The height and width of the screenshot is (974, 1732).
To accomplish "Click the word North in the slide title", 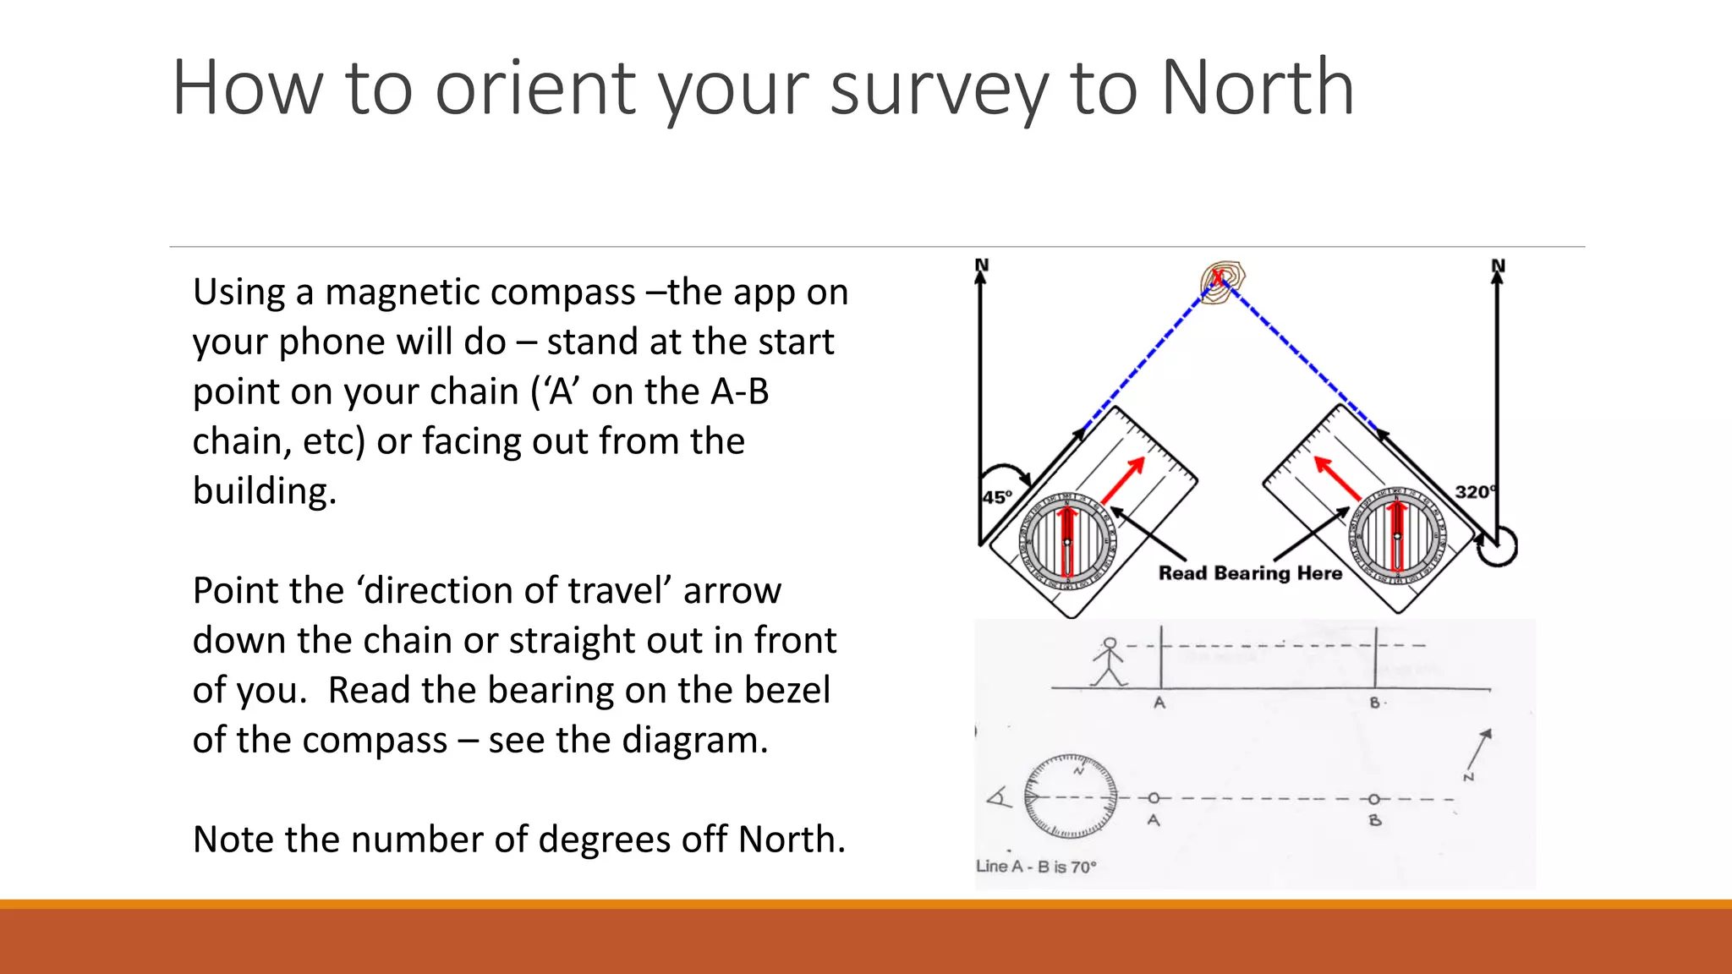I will click(1258, 88).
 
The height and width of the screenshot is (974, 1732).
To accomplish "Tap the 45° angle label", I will click(997, 497).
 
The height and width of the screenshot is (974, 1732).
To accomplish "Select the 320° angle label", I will click(1474, 492).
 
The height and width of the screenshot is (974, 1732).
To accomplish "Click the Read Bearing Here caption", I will click(1250, 573).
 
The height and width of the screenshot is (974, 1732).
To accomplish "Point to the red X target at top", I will click(1219, 277).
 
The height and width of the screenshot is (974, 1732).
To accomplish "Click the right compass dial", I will click(1397, 536).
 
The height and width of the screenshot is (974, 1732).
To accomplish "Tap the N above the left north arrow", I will click(981, 265).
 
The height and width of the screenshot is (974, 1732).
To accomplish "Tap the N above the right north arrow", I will click(1498, 265).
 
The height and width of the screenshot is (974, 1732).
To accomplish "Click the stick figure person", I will click(1109, 662).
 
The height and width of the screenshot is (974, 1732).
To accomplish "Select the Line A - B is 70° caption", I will click(1036, 867).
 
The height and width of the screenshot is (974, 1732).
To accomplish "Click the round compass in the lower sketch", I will click(1070, 796).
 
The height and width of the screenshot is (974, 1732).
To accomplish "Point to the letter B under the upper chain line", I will click(1375, 703).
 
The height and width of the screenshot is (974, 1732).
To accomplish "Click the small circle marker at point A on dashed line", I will click(1154, 798).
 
